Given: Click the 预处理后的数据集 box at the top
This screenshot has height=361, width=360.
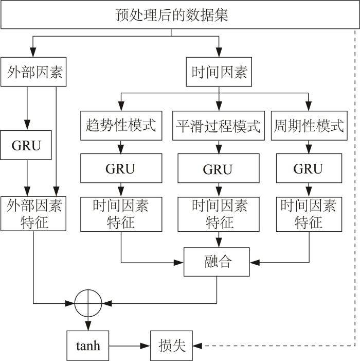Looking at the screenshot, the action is pyautogui.click(x=180, y=15).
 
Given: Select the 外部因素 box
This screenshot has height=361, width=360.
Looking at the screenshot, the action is pyautogui.click(x=33, y=72).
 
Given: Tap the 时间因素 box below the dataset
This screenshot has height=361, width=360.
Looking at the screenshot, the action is pyautogui.click(x=219, y=72).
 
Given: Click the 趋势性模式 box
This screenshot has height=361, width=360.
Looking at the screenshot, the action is pyautogui.click(x=121, y=126).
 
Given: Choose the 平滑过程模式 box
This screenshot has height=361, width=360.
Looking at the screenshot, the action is pyautogui.click(x=219, y=126).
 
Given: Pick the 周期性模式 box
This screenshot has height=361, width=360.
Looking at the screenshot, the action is pyautogui.click(x=309, y=126).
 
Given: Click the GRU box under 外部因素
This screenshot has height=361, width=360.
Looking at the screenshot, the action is pyautogui.click(x=26, y=145).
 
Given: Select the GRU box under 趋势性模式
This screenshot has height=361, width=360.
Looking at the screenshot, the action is pyautogui.click(x=121, y=168).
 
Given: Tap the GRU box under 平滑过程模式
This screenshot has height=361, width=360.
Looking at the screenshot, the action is pyautogui.click(x=219, y=168).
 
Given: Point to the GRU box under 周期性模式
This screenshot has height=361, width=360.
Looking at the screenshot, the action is pyautogui.click(x=309, y=168).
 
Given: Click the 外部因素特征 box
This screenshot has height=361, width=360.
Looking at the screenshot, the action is pyautogui.click(x=33, y=214).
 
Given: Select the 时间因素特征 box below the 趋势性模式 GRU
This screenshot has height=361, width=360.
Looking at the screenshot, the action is pyautogui.click(x=121, y=214).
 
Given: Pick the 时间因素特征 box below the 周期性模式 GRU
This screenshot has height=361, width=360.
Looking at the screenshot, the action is pyautogui.click(x=309, y=214).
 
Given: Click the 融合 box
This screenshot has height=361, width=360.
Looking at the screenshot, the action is pyautogui.click(x=217, y=262).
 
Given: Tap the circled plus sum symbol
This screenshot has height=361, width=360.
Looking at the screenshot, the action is pyautogui.click(x=88, y=303).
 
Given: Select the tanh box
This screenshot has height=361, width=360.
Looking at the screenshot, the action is pyautogui.click(x=88, y=346).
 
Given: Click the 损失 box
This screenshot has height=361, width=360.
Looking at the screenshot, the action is pyautogui.click(x=171, y=346).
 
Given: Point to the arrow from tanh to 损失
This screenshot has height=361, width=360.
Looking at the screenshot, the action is pyautogui.click(x=130, y=346).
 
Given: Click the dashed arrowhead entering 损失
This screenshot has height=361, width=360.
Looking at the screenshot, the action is pyautogui.click(x=197, y=346).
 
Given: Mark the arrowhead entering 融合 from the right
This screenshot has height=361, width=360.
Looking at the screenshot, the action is pyautogui.click(x=255, y=262).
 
